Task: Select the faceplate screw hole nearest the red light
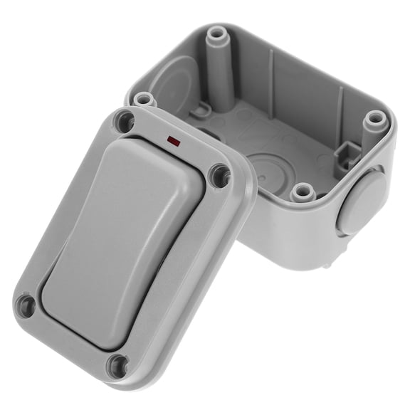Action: tap(125, 122)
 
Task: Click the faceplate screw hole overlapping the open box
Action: tap(220, 175)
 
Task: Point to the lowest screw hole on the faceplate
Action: tap(117, 366)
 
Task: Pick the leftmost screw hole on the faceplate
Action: tap(26, 306)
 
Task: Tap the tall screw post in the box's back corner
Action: tap(216, 36)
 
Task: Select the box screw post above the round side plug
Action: tap(374, 120)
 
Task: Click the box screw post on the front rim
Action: tap(303, 191)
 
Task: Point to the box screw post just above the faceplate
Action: tap(144, 98)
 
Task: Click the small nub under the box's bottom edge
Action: tap(327, 264)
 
